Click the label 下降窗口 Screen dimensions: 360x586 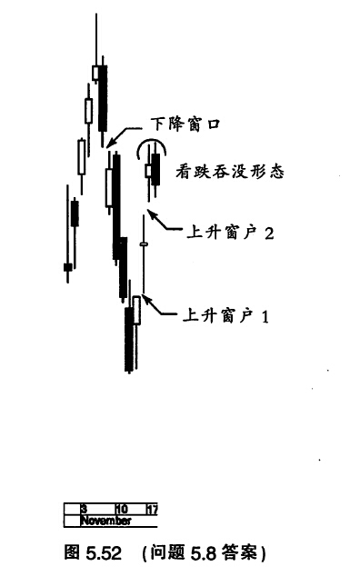click(185, 124)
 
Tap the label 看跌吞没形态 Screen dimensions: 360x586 click(230, 172)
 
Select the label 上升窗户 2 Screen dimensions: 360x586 click(230, 233)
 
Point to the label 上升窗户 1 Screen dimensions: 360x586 click(225, 316)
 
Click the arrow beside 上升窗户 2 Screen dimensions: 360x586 click(163, 222)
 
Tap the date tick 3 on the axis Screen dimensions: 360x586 click(85, 509)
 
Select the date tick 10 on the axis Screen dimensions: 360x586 click(122, 509)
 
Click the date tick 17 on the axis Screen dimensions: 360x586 click(153, 509)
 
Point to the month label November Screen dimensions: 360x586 click(106, 521)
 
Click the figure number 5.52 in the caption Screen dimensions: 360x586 click(104, 553)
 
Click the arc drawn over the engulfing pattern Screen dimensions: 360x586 click(151, 139)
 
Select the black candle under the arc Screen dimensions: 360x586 click(155, 169)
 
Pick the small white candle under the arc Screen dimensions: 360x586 click(148, 171)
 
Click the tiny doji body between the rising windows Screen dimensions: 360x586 click(144, 244)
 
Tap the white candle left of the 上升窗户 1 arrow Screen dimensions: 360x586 click(137, 310)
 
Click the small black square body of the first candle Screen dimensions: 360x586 click(67, 267)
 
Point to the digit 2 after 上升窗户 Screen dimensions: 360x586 click(269, 233)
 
